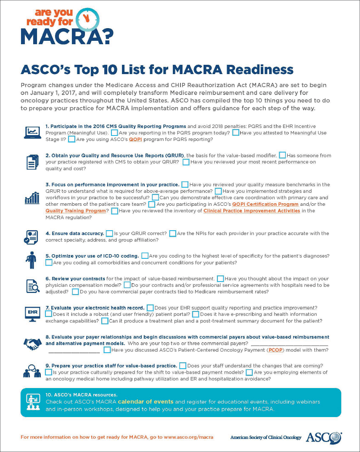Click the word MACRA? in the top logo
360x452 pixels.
click(x=67, y=37)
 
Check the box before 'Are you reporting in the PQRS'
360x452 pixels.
click(x=114, y=133)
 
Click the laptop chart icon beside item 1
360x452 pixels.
click(x=32, y=133)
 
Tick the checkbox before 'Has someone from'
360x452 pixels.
click(x=282, y=155)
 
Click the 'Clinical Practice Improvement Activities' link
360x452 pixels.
click(x=251, y=211)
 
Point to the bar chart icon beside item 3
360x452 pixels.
click(x=32, y=197)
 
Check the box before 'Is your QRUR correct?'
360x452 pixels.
click(x=109, y=233)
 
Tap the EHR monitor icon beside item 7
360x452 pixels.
click(x=32, y=314)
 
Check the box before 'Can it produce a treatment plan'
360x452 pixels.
click(x=105, y=321)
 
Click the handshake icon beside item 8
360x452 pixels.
click(x=32, y=343)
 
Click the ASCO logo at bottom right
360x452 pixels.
click(x=323, y=437)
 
